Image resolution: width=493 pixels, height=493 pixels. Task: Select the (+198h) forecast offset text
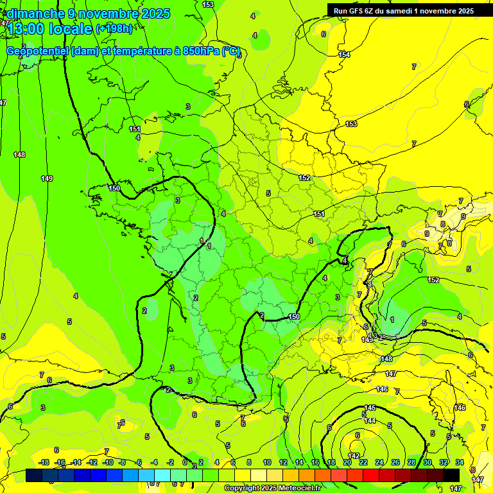[x=114, y=28]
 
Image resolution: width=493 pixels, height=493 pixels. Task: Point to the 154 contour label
[x=345, y=55]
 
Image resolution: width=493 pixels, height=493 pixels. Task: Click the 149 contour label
[x=46, y=178]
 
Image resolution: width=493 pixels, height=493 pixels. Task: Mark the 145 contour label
[x=370, y=408]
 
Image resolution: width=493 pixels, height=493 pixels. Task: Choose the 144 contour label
[x=370, y=420]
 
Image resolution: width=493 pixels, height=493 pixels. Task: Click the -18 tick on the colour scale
[x=44, y=462]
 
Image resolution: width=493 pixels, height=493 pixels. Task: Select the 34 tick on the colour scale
[x=460, y=462]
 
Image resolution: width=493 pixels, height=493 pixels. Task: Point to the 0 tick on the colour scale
[x=185, y=462]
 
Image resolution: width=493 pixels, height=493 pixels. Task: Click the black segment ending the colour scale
[x=451, y=475]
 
